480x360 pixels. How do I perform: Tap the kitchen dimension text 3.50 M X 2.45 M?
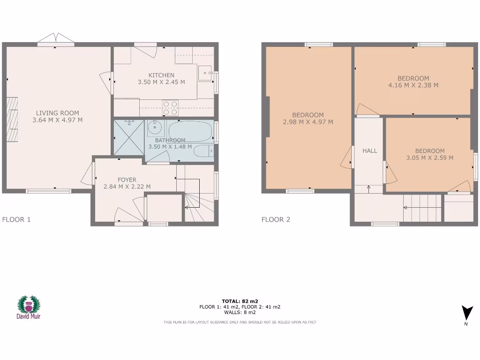coord(161,82)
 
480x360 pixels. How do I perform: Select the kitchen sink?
coord(205,74)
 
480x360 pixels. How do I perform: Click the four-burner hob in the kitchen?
coord(170,108)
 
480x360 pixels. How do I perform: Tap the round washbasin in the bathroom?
coord(155,127)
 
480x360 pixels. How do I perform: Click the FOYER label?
coord(127,180)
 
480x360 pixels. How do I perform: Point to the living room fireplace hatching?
coord(14,120)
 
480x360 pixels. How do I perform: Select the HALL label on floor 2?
coord(370,151)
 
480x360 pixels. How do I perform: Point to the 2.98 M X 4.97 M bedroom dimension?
coord(308,122)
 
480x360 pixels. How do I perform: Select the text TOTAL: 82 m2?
coord(240,301)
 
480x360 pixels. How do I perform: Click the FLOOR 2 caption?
coord(276,219)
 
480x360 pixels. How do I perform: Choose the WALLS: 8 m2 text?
coord(240,312)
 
